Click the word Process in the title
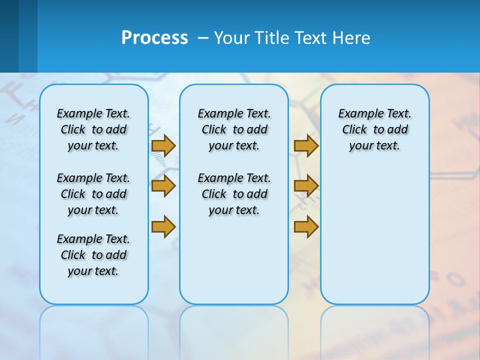[x=154, y=38]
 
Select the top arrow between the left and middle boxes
[x=163, y=145]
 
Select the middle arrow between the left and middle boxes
[x=163, y=186]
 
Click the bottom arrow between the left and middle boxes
[x=163, y=226]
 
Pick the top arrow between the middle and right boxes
[x=306, y=145]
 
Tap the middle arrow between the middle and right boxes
[x=306, y=186]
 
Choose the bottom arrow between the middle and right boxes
[x=306, y=226]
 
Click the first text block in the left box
[x=93, y=129]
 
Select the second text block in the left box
[x=93, y=194]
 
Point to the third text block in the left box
[x=93, y=255]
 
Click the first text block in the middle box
[x=234, y=129]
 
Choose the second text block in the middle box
[x=234, y=194]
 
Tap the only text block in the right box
[x=374, y=129]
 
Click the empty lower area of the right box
[x=374, y=235]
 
